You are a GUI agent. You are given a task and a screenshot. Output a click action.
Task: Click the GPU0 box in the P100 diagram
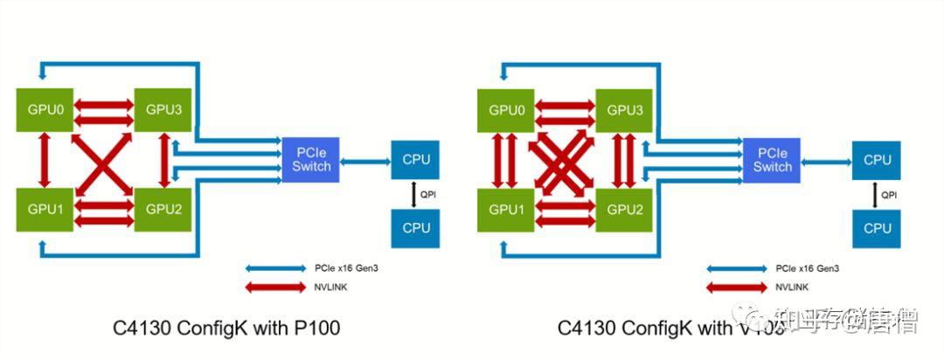pyautogui.click(x=45, y=110)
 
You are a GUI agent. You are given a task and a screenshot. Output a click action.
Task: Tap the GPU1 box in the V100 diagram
pyautogui.click(x=506, y=210)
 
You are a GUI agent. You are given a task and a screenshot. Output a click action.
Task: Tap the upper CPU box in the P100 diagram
pyautogui.click(x=416, y=160)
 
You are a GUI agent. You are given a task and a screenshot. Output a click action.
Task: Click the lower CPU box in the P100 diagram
pyautogui.click(x=416, y=228)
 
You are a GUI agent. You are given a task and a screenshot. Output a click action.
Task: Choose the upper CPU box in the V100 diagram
pyautogui.click(x=877, y=160)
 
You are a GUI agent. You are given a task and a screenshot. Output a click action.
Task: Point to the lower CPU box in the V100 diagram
pyautogui.click(x=877, y=228)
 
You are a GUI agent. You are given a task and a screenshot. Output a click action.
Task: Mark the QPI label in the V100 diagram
pyautogui.click(x=888, y=195)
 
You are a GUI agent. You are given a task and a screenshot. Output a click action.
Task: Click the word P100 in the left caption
pyautogui.click(x=312, y=329)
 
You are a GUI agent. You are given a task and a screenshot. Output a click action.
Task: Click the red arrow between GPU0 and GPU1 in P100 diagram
pyautogui.click(x=45, y=160)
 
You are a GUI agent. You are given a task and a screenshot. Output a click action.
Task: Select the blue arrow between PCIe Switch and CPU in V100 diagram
pyautogui.click(x=825, y=160)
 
